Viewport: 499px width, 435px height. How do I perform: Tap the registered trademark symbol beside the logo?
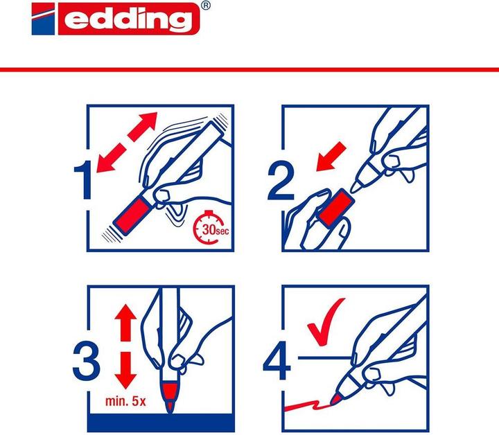205,6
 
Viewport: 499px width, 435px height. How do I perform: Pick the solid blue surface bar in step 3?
160,423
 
